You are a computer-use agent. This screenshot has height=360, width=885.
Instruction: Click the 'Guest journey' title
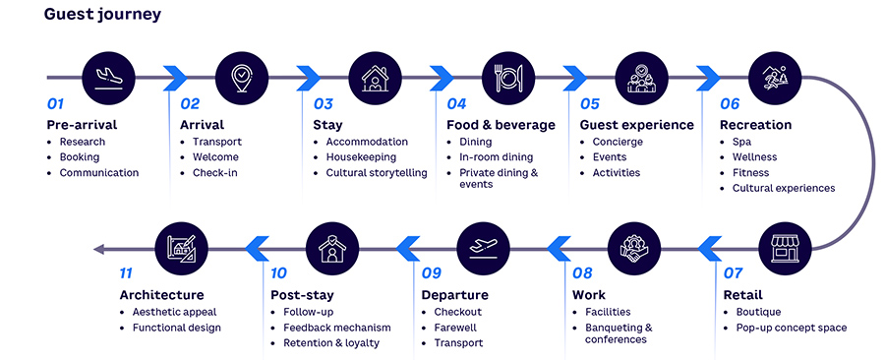point(102,15)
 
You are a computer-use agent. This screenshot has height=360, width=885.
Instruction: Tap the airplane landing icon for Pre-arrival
point(107,77)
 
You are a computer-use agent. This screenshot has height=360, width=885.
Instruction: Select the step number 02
point(191,103)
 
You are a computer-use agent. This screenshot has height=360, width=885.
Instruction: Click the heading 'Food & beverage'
point(501,125)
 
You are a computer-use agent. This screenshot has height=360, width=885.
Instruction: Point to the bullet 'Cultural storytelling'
point(377,173)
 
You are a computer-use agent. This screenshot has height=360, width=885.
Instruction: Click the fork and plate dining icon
point(507,77)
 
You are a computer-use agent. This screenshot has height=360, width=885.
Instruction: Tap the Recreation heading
point(755,125)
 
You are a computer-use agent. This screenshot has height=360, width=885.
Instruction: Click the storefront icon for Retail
point(783,248)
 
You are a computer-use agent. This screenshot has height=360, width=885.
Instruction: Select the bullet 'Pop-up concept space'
point(791,328)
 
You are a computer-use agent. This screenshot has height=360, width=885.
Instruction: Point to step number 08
point(582,273)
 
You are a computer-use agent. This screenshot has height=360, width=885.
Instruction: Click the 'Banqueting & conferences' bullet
point(619,333)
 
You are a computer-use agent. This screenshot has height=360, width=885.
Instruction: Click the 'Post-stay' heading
point(302,295)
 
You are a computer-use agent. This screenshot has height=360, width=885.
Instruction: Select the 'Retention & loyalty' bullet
point(331,343)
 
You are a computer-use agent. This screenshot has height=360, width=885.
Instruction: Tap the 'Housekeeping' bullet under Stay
point(361,157)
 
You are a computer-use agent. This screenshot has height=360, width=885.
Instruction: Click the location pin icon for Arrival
point(241,77)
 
